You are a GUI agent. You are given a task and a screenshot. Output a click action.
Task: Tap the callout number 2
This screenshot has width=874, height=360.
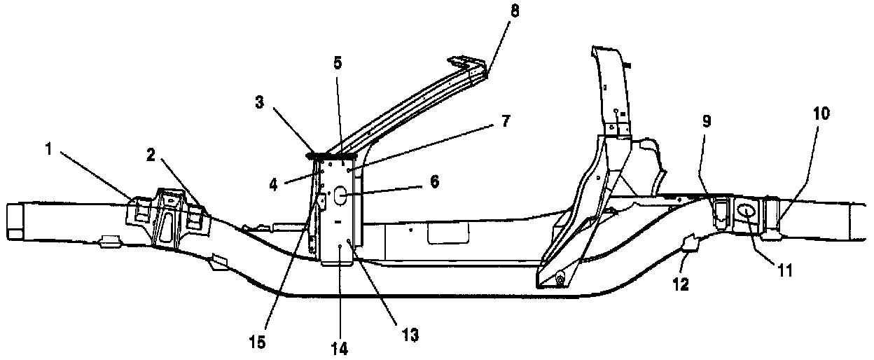coord(151,154)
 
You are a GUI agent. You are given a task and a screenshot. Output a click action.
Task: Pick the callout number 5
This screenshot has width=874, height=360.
coord(338,63)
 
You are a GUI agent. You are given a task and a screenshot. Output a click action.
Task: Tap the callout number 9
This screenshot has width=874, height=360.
coord(707,121)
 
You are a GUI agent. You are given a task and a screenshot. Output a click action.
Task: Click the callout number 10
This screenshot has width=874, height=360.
coord(821,113)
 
